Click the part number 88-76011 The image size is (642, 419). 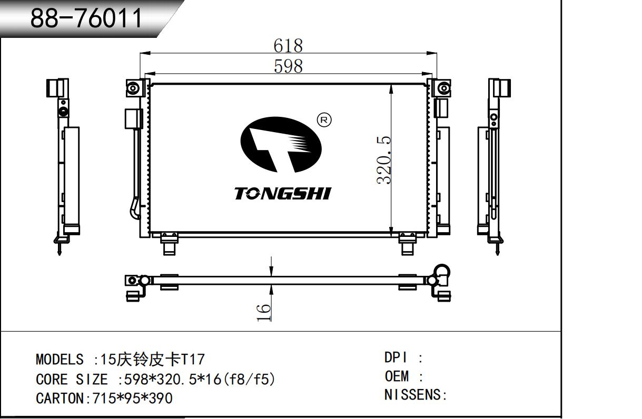[x=86, y=18]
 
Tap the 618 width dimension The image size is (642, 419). [x=288, y=46]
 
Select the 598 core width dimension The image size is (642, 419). [x=288, y=66]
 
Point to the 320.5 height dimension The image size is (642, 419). [x=384, y=160]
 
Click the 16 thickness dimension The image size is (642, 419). [x=264, y=313]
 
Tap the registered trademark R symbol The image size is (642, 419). [x=324, y=120]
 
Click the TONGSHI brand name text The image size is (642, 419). [x=283, y=193]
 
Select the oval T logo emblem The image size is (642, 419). [x=281, y=145]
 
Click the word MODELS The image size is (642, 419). [x=60, y=359]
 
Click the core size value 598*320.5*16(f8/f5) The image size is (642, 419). [x=200, y=379]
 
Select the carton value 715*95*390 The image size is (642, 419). [x=132, y=398]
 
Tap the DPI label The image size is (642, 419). [x=396, y=357]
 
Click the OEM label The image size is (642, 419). [x=397, y=376]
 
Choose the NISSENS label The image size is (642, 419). [x=412, y=395]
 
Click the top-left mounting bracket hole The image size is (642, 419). [x=133, y=87]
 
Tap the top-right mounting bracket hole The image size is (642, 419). [x=443, y=88]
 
